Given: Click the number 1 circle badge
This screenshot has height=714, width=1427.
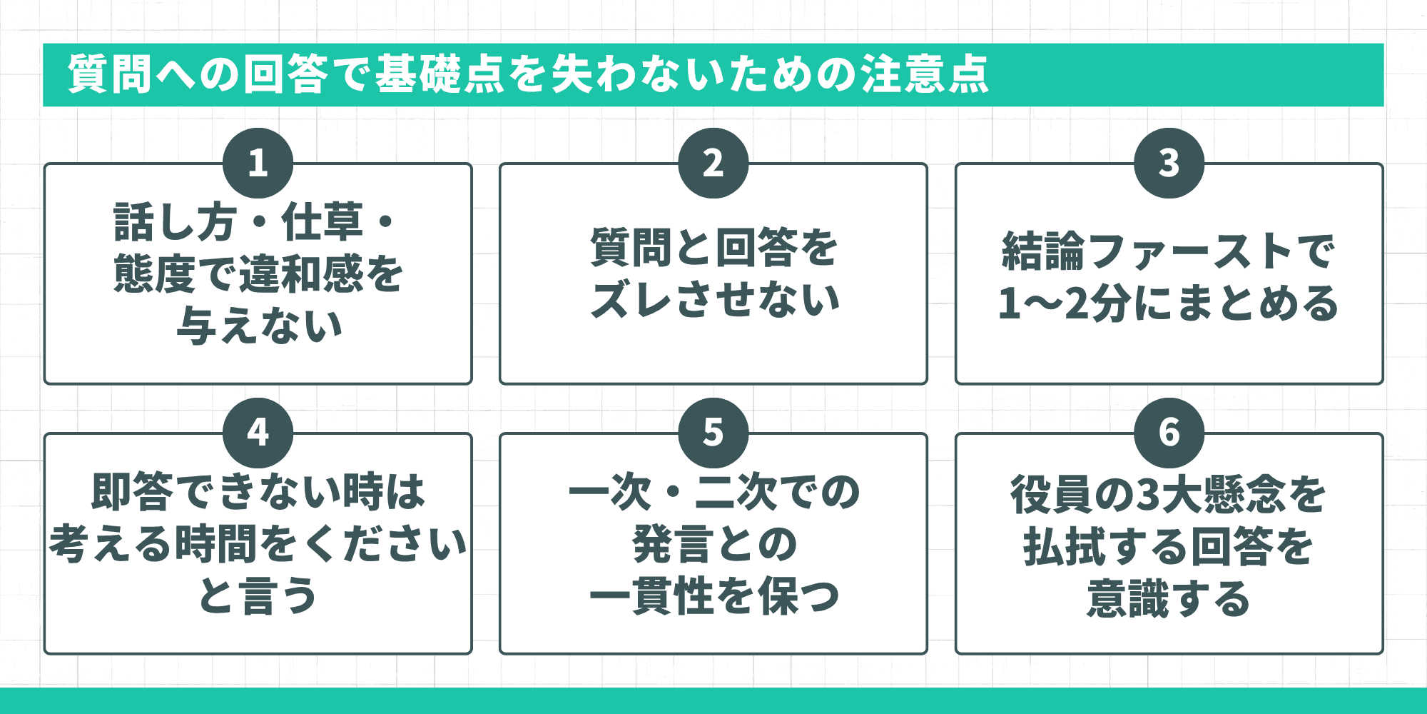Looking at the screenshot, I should point(258,163).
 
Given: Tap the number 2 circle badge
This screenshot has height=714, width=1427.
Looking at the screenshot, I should point(713,163).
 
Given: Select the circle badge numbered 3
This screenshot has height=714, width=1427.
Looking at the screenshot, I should point(1169,163).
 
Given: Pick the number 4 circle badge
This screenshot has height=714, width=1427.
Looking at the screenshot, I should point(258,433).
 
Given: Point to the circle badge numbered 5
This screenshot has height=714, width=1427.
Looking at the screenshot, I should point(713,433).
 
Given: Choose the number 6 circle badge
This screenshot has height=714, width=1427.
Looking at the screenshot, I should point(1169,433).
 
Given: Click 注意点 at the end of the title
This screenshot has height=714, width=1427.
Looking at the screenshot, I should point(925,74).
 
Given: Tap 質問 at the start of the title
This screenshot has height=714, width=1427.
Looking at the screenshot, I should point(109,74).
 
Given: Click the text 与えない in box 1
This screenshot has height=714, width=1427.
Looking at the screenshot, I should point(260,326).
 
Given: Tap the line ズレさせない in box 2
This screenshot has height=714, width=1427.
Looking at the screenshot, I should point(715,300).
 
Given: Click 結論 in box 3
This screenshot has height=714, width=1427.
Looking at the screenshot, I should point(1042,251).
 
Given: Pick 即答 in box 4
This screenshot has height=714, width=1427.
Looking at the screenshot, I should point(133,492).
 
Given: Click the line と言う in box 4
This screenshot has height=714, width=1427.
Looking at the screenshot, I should point(258,596).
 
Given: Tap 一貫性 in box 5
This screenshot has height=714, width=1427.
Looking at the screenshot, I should point(651,596).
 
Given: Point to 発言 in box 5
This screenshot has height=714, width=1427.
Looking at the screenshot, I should point(673,544).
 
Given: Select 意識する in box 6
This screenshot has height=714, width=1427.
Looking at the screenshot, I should point(1168,598).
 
